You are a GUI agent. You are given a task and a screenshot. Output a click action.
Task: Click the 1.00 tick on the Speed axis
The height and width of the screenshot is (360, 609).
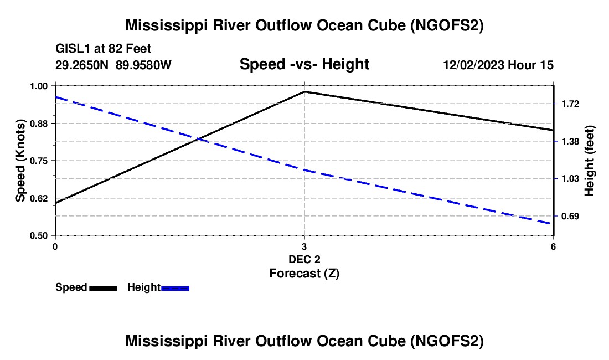39,86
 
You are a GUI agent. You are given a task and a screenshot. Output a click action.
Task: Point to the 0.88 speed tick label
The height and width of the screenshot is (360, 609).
39,123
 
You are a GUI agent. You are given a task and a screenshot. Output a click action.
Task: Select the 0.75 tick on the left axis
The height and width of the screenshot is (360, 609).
39,161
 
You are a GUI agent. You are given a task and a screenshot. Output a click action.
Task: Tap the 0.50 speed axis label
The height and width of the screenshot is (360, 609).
39,235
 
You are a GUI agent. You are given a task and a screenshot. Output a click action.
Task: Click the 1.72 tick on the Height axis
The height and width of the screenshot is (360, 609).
570,104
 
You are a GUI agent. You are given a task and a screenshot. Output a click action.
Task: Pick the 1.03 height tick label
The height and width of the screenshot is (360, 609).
570,178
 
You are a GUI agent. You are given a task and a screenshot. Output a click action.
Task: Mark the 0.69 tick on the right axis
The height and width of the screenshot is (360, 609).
570,216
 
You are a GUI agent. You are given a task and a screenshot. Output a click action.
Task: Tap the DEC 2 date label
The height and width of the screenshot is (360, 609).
304,259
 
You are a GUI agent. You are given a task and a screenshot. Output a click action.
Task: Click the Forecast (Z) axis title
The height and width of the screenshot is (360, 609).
304,273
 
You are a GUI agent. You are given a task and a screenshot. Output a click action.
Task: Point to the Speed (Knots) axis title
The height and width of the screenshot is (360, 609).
20,161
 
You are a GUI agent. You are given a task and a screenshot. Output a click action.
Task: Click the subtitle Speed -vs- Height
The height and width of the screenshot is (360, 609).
304,65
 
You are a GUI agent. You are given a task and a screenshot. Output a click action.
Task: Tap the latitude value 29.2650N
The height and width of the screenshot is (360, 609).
83,65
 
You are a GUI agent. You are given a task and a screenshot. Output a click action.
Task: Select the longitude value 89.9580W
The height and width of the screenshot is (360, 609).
143,65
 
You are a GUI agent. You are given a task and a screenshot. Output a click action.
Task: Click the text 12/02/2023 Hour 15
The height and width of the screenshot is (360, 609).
498,65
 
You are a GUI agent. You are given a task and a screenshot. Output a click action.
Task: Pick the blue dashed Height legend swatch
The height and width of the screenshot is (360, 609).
176,288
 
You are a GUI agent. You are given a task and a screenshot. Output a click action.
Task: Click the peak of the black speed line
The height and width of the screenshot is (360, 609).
304,91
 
